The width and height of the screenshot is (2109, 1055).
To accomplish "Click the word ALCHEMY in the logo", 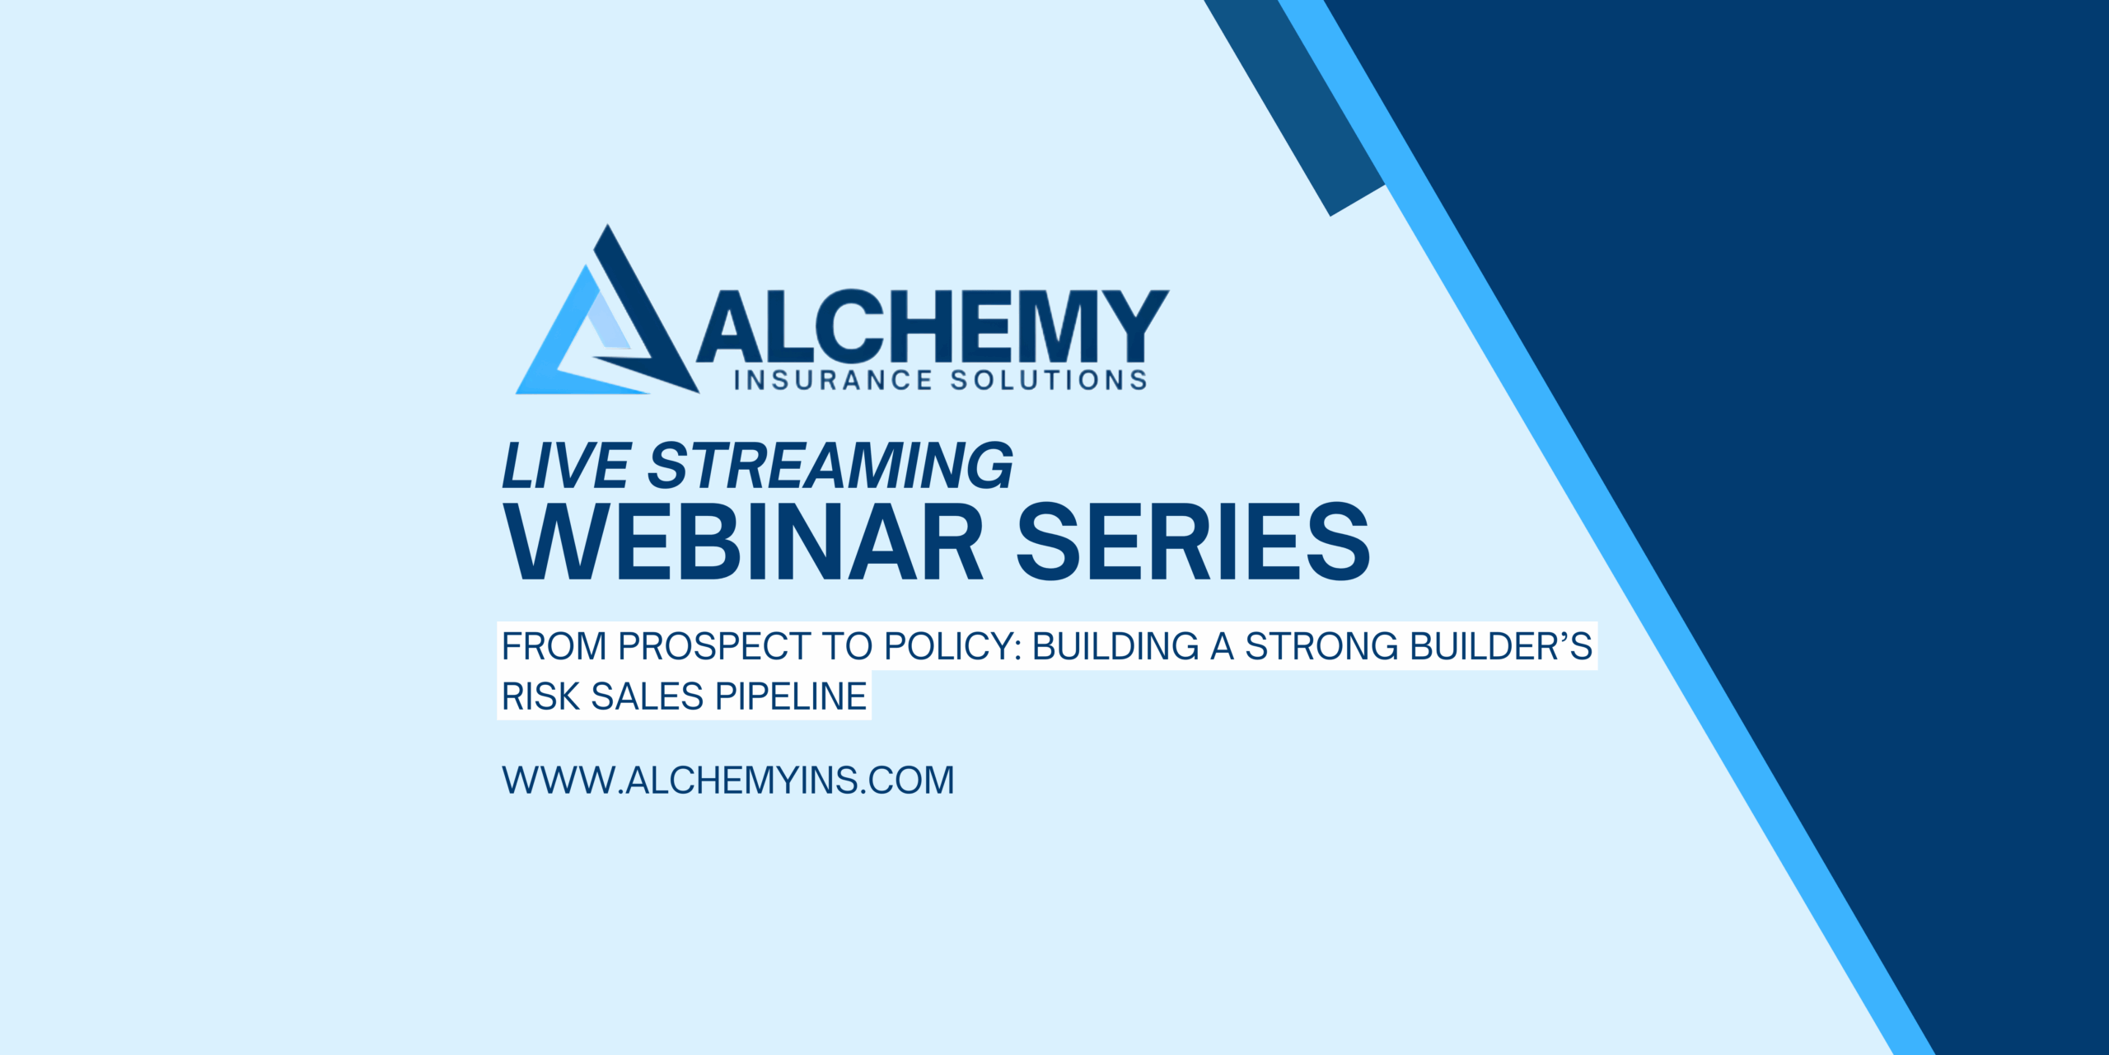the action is click(933, 327).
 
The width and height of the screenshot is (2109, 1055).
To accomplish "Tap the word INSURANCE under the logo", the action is click(833, 380).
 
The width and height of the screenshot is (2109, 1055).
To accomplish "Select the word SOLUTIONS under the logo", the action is click(1049, 380).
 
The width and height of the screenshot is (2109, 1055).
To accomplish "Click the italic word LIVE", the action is click(567, 467).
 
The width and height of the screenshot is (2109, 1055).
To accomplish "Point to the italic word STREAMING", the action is click(830, 467).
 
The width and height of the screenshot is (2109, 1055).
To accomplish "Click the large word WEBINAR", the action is click(744, 542).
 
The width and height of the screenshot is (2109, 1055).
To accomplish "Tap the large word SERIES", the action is click(1194, 542).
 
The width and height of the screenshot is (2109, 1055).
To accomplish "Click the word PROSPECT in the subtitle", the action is click(714, 646).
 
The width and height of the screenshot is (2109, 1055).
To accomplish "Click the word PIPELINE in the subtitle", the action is click(791, 696).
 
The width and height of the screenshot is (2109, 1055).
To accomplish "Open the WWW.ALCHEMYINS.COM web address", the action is click(728, 781).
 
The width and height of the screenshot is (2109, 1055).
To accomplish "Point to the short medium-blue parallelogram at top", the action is click(1294, 108).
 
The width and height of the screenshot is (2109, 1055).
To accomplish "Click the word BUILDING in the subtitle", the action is click(1115, 646).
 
